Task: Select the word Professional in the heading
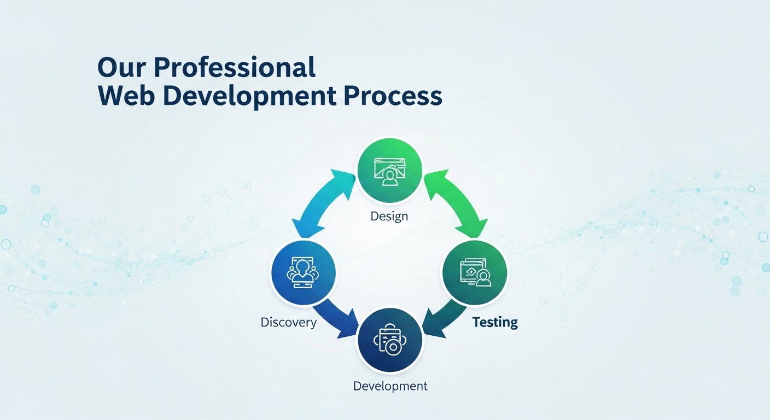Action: pos(235,67)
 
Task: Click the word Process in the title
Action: pos(393,96)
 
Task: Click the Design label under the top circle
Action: pos(389,217)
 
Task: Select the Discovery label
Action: pos(288,323)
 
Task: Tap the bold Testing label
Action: pos(495,323)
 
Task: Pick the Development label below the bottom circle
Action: pos(390,386)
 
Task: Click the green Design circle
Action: pos(389,171)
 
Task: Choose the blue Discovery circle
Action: pos(303,272)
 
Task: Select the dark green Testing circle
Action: pos(475,272)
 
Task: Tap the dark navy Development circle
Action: pos(390,340)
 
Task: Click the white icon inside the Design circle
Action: pos(390,172)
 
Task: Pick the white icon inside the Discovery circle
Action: pos(302,272)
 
